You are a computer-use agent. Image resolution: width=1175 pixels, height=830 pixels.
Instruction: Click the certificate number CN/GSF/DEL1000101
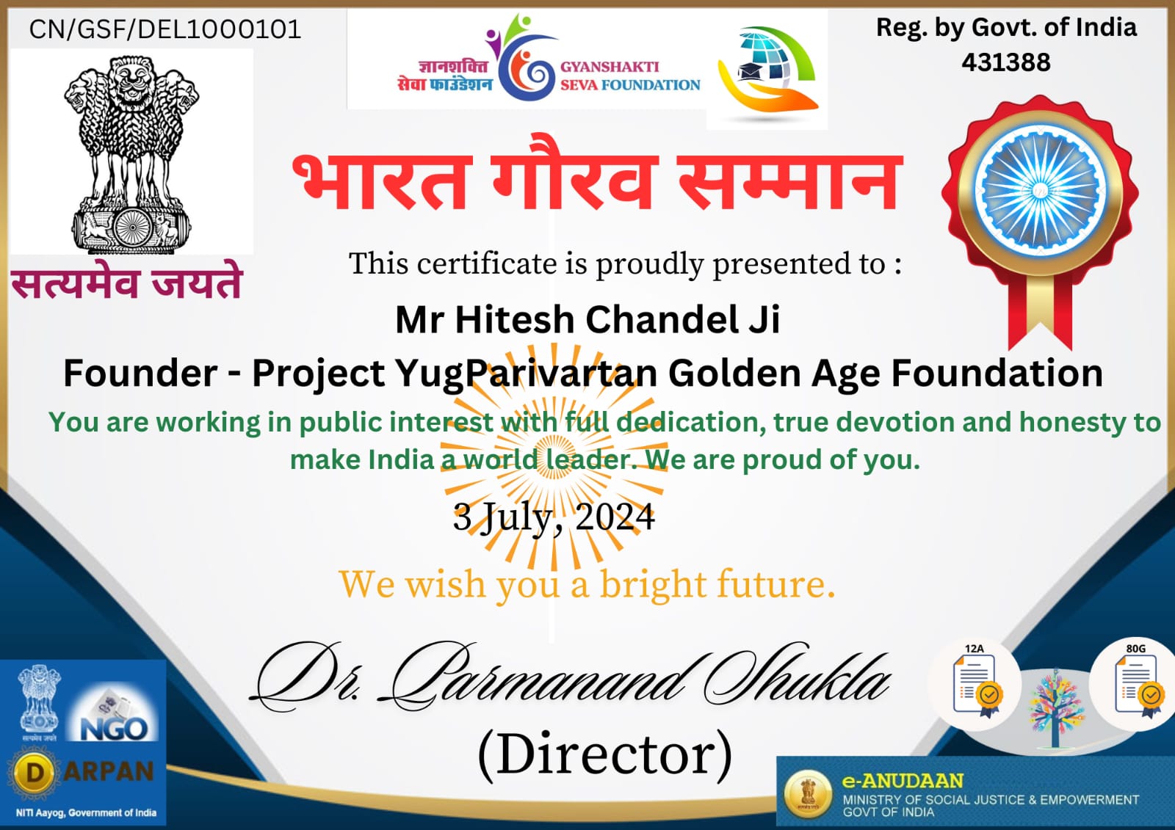pos(165,29)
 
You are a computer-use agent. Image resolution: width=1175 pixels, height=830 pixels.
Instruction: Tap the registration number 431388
pos(1006,62)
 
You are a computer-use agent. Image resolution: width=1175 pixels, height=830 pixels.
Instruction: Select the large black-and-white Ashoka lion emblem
pos(131,152)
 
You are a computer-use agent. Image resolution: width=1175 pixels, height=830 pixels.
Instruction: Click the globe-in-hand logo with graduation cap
pos(767,70)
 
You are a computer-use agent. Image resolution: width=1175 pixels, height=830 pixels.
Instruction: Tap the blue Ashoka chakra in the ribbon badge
pos(1040,192)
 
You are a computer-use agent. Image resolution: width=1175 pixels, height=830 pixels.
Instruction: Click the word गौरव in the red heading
pos(574,173)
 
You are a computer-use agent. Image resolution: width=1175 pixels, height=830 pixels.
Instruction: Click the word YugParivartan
pos(526,374)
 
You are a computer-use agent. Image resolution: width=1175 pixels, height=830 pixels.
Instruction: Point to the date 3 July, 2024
pos(554,518)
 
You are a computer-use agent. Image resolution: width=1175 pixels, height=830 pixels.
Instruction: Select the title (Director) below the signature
pos(605,754)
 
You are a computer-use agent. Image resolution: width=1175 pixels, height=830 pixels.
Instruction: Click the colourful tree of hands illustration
pos(1057,708)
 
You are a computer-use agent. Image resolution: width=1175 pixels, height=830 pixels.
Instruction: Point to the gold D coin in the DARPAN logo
pos(34,773)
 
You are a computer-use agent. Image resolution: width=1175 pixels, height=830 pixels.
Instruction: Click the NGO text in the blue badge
pos(115,728)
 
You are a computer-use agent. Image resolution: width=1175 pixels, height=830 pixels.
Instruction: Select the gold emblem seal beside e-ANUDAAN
pos(809,794)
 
